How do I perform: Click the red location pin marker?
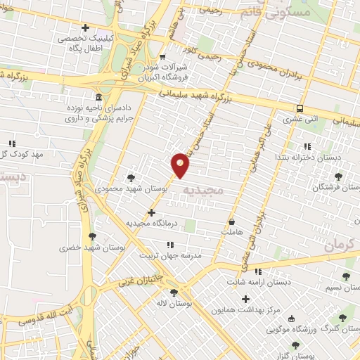click(181, 165)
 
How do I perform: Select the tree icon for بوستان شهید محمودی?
click(131, 177)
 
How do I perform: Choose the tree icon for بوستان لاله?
click(174, 292)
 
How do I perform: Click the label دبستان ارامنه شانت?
click(258, 282)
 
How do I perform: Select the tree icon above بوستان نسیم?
click(345, 276)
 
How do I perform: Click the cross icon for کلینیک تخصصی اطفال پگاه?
click(86, 28)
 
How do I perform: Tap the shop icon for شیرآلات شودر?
click(162, 57)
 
